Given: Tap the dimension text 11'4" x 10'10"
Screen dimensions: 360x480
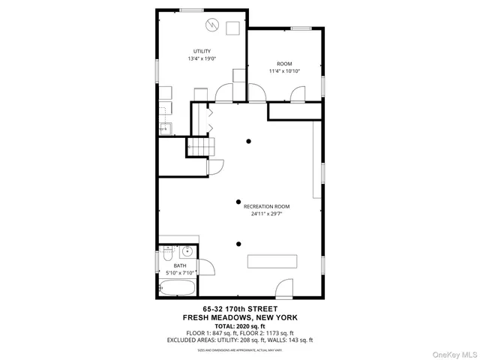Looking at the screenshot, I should coord(284,71).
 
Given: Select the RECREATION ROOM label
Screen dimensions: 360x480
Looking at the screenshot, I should coord(266,206).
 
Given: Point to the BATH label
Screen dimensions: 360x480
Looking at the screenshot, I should coord(179,265).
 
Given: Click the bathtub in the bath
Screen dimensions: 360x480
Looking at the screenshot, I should coord(178,288).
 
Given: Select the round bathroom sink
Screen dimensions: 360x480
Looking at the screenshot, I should coord(189,252).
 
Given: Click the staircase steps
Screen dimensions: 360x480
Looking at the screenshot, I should coord(200,147).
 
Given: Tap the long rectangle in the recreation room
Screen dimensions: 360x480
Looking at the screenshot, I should coord(273,262).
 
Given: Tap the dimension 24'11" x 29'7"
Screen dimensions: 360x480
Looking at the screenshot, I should coord(266,214).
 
